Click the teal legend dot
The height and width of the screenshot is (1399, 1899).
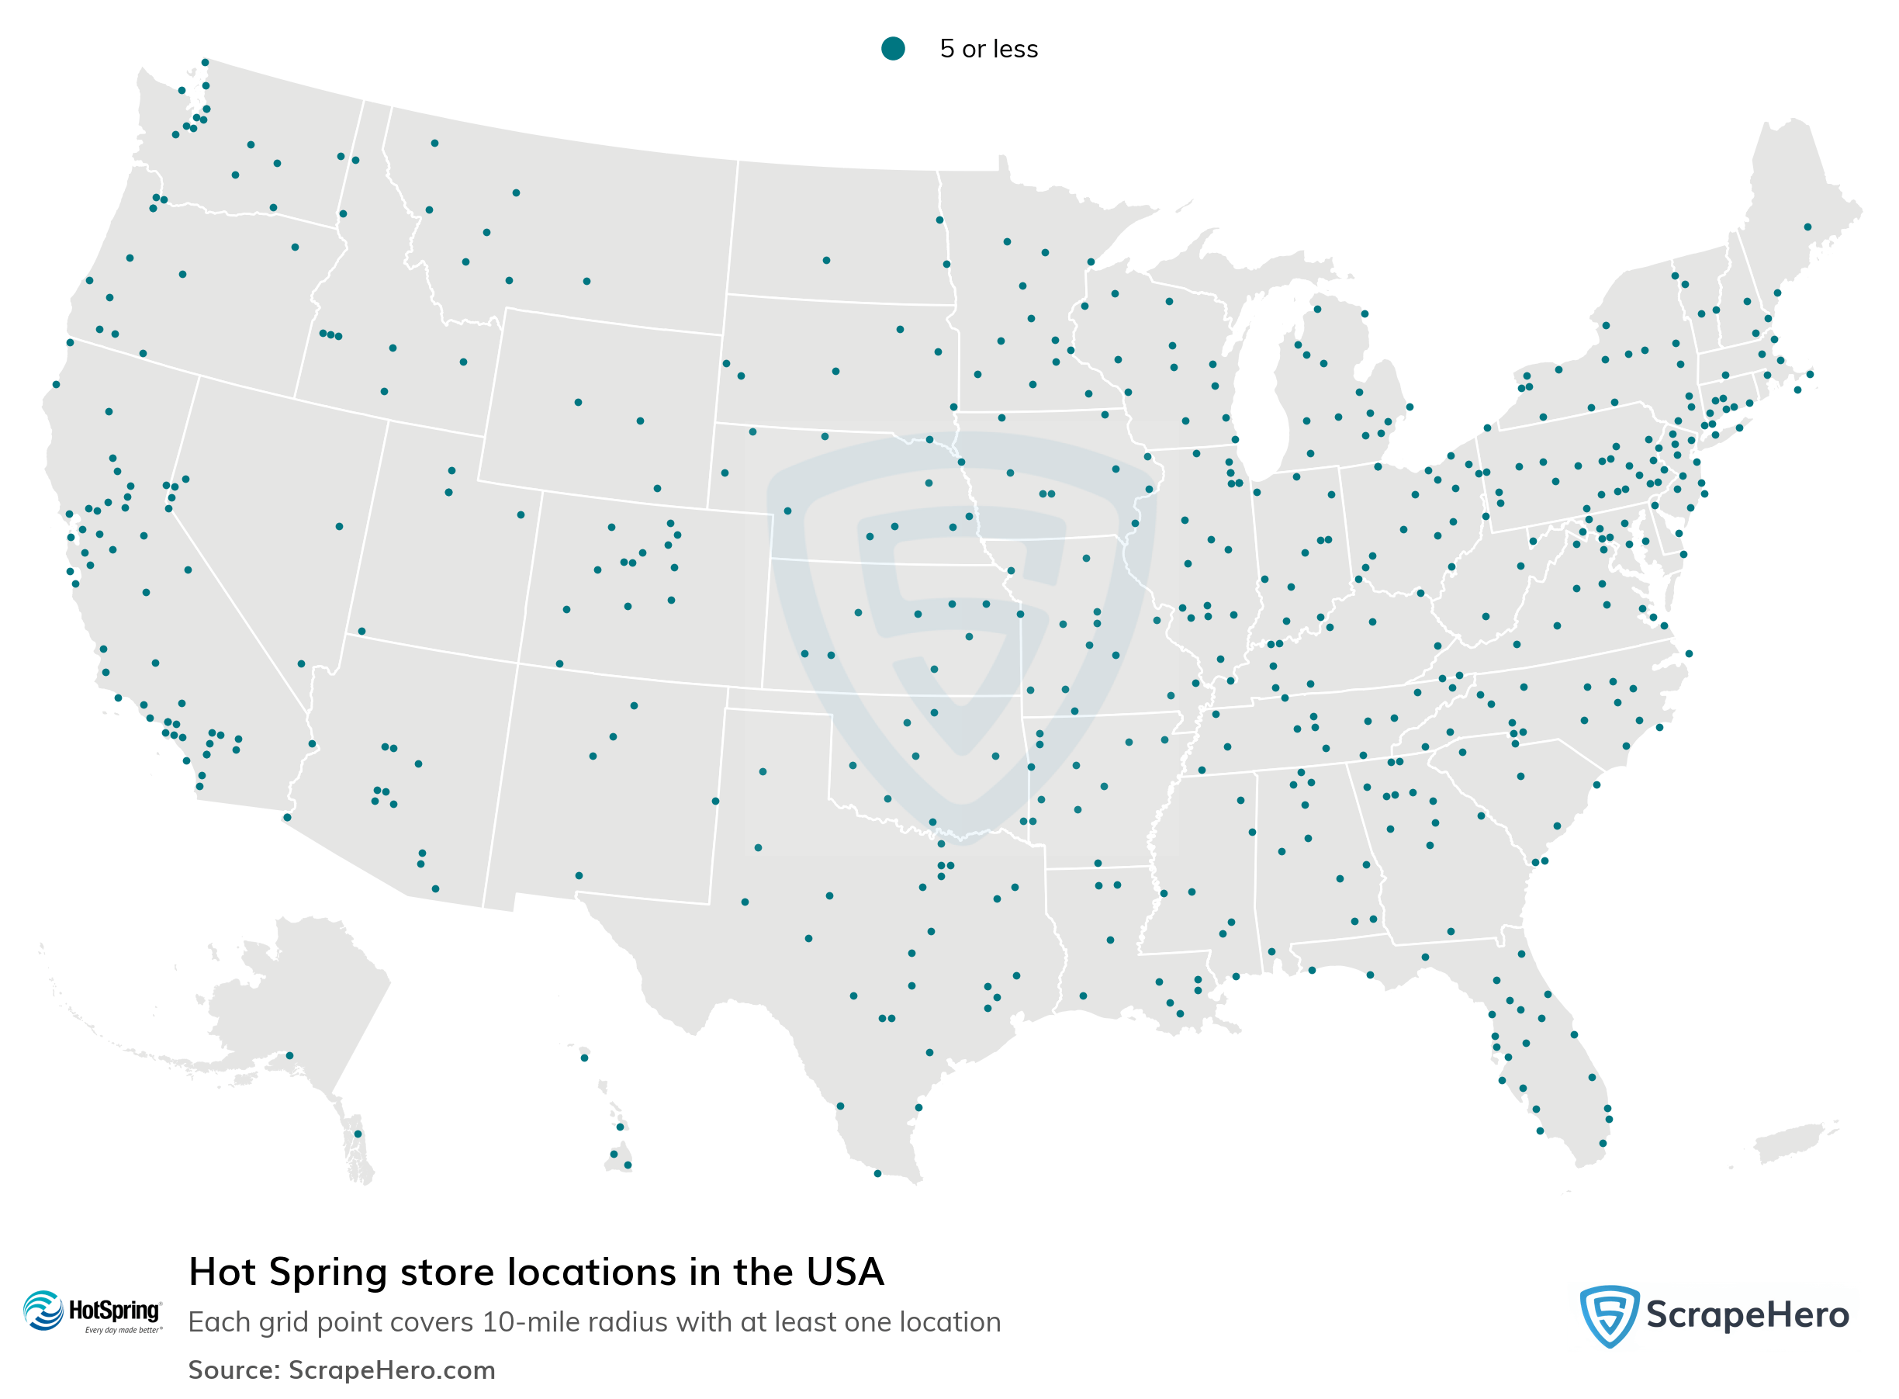click(x=892, y=48)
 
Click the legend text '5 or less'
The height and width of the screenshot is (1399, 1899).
click(x=988, y=49)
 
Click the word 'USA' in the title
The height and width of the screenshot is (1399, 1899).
click(x=844, y=1272)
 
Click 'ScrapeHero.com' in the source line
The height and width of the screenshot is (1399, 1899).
click(x=391, y=1370)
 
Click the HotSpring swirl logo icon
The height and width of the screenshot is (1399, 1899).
click(x=43, y=1310)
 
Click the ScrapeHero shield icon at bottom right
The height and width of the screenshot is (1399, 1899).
click(x=1609, y=1315)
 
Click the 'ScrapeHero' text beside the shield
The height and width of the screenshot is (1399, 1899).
click(x=1747, y=1315)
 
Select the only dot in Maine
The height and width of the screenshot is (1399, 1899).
click(x=1807, y=227)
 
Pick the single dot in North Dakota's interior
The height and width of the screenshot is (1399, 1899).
click(x=826, y=260)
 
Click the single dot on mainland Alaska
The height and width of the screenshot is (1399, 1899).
click(x=289, y=1055)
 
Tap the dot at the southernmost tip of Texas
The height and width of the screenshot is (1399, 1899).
click(x=877, y=1173)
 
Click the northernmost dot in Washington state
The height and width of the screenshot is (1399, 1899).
click(x=205, y=62)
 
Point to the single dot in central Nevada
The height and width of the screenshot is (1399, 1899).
click(x=339, y=527)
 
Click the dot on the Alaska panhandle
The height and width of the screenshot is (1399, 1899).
click(x=358, y=1133)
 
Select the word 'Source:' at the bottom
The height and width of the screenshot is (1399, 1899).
click(x=233, y=1370)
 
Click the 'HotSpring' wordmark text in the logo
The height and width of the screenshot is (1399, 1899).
click(x=114, y=1310)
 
